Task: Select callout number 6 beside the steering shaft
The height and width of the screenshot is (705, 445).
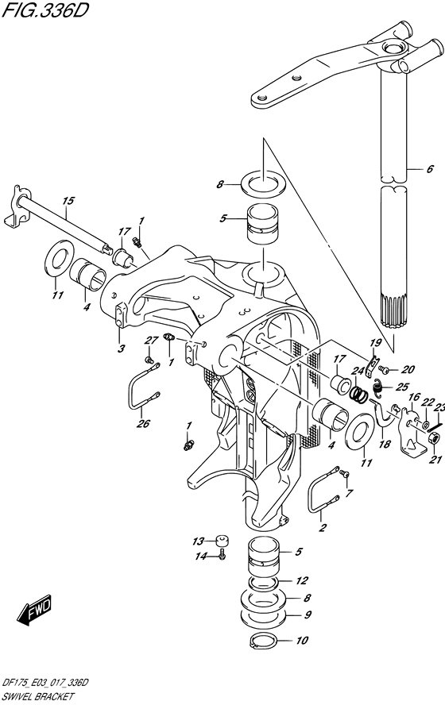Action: click(429, 169)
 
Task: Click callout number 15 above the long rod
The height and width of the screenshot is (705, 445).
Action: click(68, 202)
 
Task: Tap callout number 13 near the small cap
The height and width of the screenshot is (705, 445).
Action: click(199, 541)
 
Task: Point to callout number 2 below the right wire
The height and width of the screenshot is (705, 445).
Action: click(322, 526)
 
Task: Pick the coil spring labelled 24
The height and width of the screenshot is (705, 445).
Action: click(360, 392)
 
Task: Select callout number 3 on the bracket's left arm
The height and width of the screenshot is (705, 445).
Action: click(121, 349)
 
